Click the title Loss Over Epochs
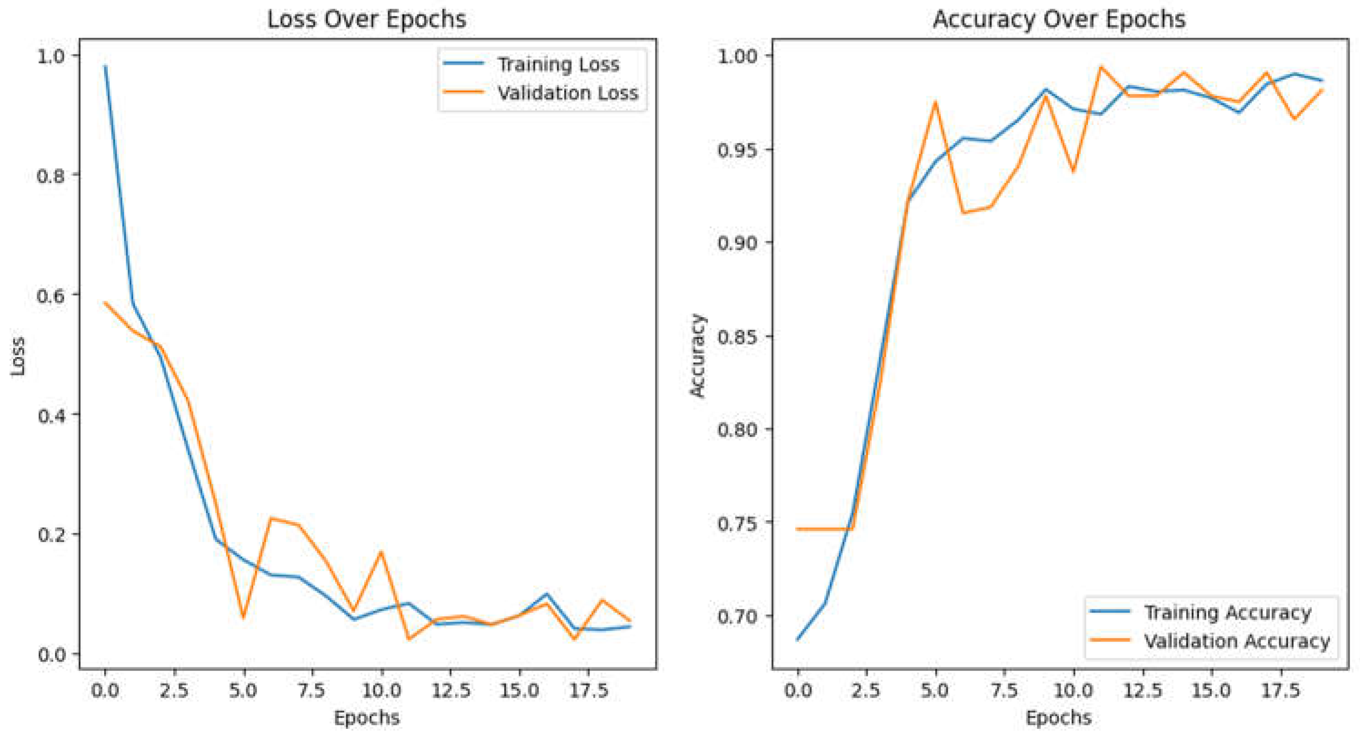(x=366, y=20)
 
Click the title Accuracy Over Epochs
(x=1059, y=20)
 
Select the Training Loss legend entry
(x=558, y=65)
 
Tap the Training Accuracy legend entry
(x=1227, y=613)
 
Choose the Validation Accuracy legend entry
(x=1236, y=642)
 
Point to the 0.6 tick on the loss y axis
(x=50, y=295)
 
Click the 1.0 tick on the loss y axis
(x=50, y=55)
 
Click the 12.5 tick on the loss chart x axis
(x=450, y=690)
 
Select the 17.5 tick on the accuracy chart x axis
(x=1280, y=690)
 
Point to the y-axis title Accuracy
(x=697, y=355)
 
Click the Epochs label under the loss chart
(x=366, y=718)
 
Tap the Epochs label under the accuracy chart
(x=1059, y=718)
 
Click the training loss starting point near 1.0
(x=105, y=66)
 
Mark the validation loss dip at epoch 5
(x=243, y=617)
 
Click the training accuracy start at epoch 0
(x=798, y=639)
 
